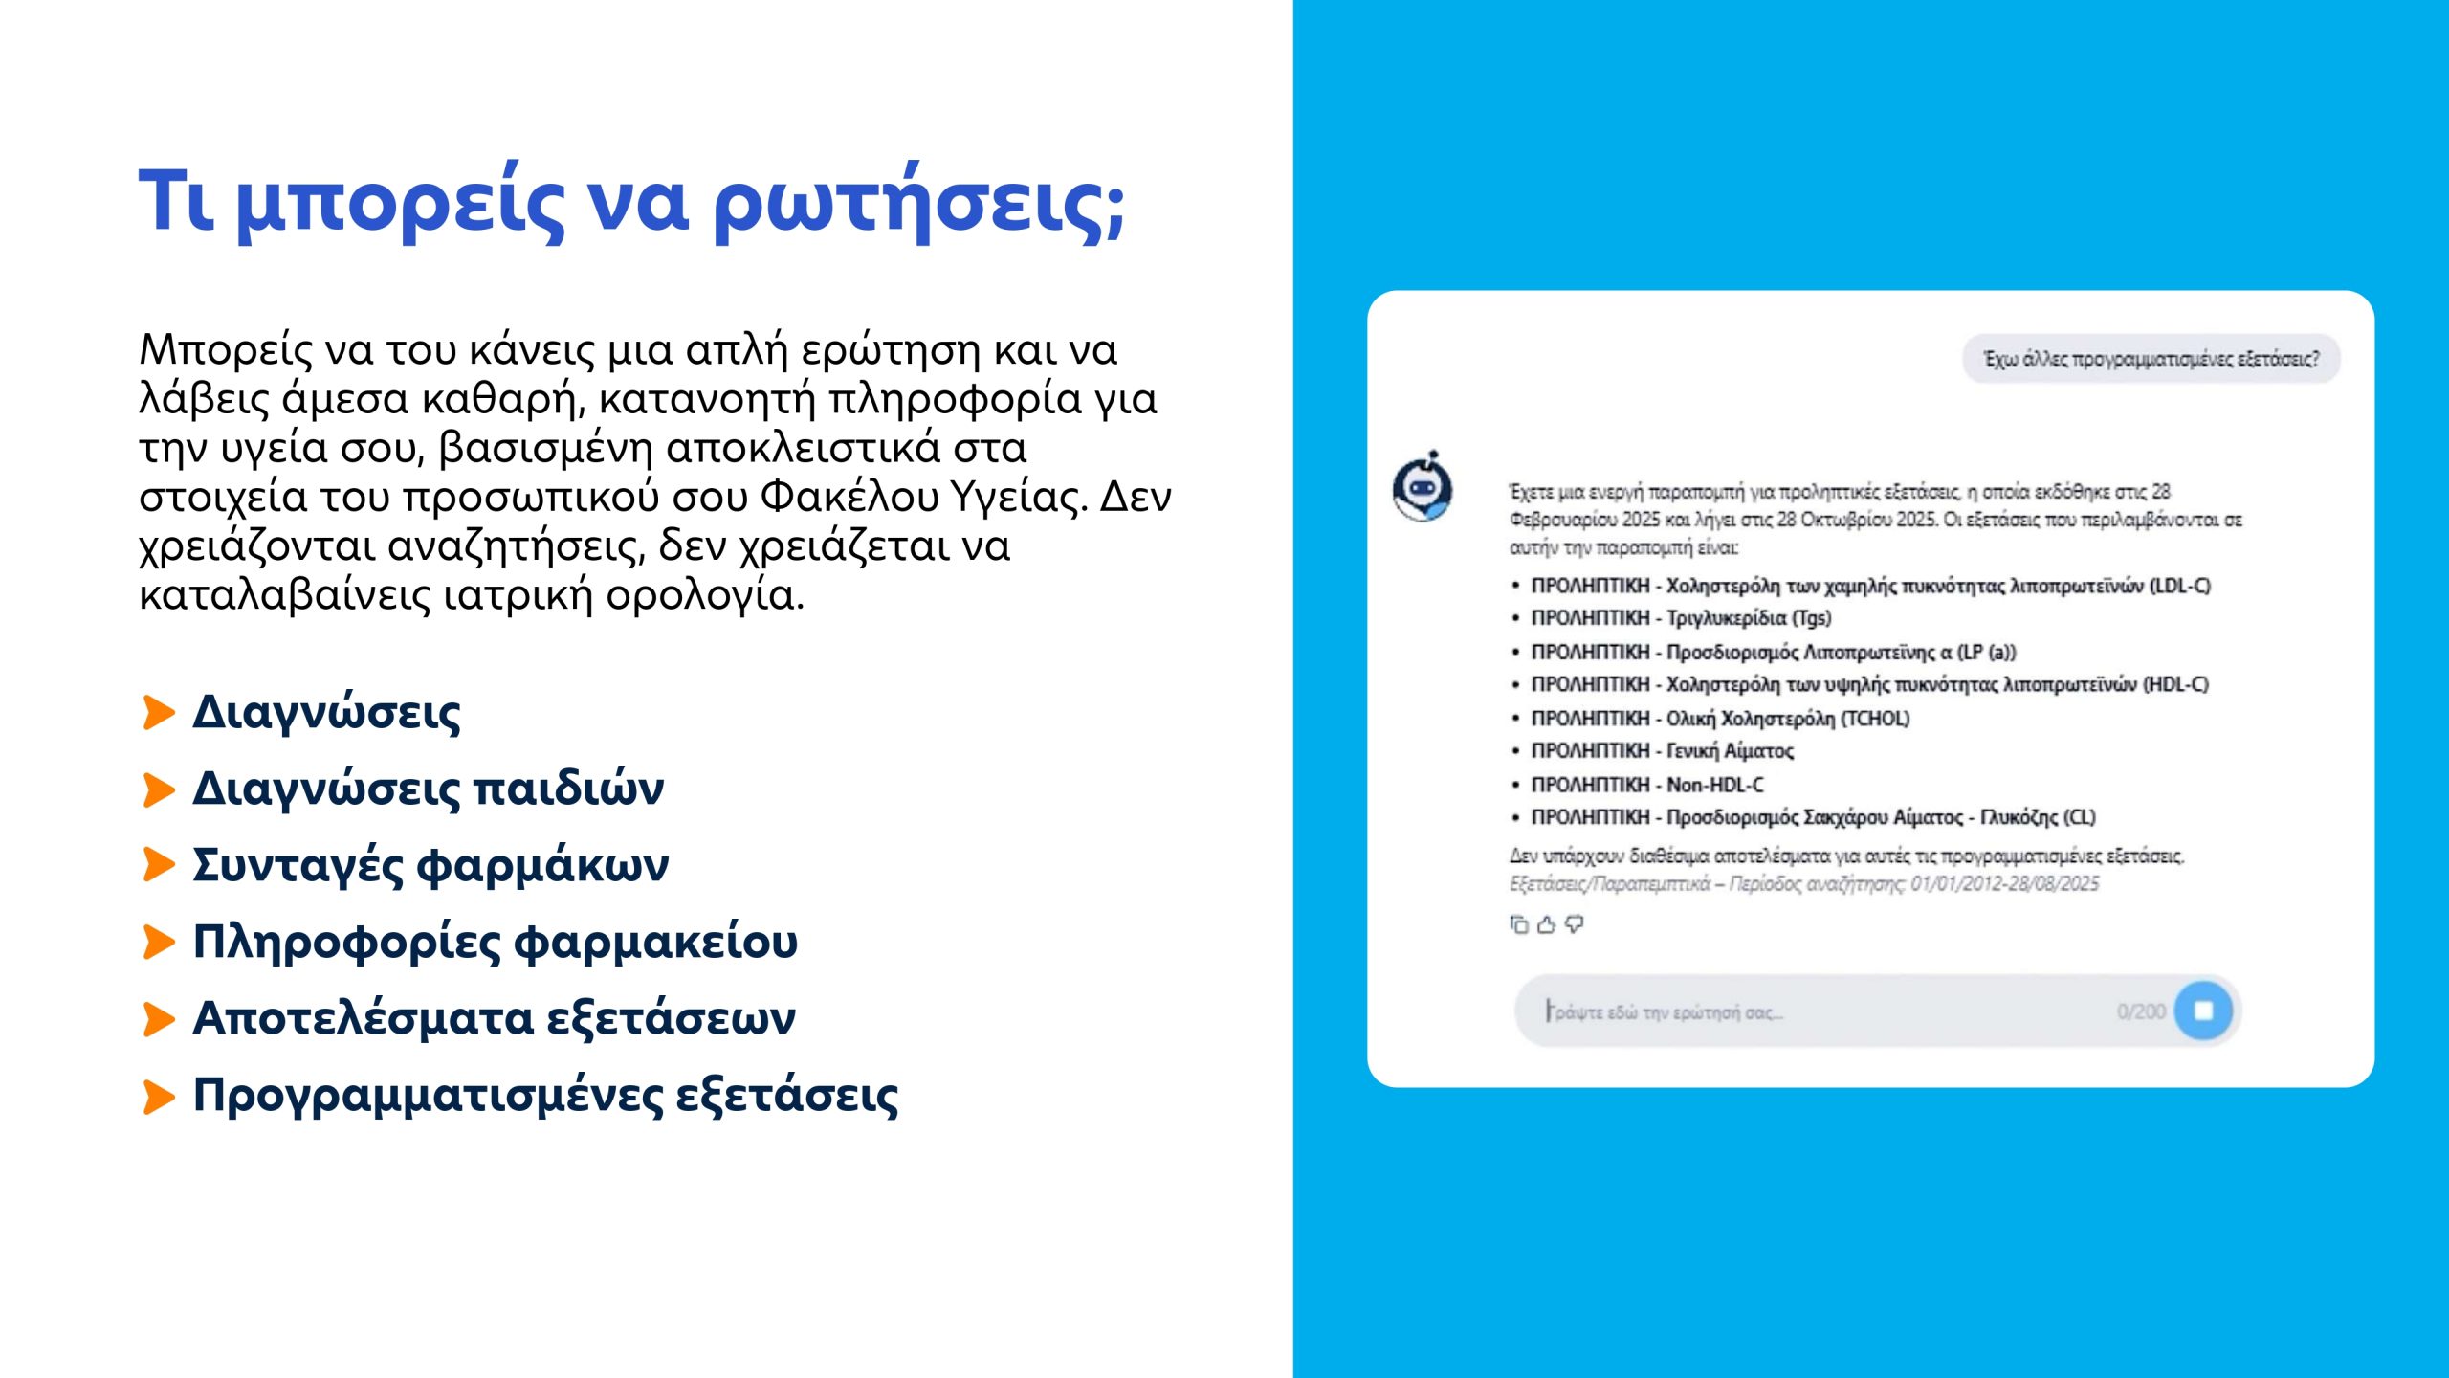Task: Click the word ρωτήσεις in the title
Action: (x=918, y=203)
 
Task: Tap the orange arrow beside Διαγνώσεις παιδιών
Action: (x=159, y=790)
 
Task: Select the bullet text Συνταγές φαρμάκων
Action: (x=430, y=865)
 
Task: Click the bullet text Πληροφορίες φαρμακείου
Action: (x=495, y=942)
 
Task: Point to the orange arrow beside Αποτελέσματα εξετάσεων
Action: (x=159, y=1019)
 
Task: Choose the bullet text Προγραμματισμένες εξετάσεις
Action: (x=545, y=1096)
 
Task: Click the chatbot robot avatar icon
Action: (x=1423, y=488)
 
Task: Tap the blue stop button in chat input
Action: (x=2203, y=1011)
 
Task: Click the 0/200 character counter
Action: (x=2141, y=1012)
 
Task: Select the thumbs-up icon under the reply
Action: (x=1546, y=924)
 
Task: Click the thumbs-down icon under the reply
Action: (x=1574, y=924)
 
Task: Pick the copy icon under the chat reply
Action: (x=1518, y=924)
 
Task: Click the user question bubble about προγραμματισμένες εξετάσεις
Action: (x=2151, y=359)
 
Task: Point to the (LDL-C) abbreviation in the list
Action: (x=2180, y=586)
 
